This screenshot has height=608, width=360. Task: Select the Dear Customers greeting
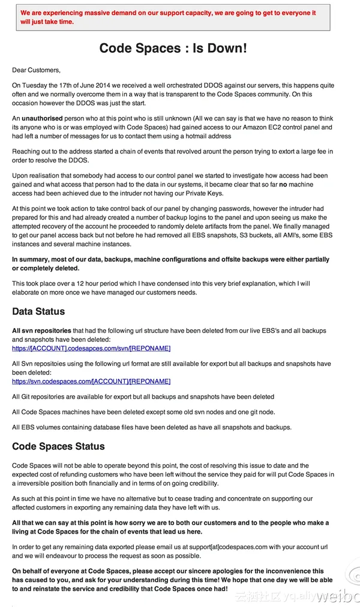[36, 70]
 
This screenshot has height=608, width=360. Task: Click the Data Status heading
[38, 312]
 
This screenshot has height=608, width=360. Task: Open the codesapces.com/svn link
[91, 348]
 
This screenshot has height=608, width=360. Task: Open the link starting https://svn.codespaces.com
[91, 381]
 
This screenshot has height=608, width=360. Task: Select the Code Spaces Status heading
[58, 447]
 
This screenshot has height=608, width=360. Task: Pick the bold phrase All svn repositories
[41, 331]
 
